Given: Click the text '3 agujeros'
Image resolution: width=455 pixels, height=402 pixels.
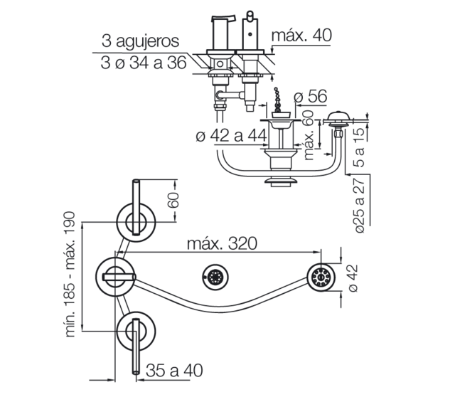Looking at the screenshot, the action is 140,41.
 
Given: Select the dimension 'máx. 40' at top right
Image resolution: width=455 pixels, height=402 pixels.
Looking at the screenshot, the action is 301,35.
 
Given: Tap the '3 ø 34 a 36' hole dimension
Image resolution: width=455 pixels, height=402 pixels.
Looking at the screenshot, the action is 144,63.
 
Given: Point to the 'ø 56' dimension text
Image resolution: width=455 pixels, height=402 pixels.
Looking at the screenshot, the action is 310,97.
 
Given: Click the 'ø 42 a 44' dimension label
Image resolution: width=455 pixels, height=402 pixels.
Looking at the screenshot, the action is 231,135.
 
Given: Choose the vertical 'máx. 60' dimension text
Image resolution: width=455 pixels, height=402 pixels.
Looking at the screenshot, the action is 309,134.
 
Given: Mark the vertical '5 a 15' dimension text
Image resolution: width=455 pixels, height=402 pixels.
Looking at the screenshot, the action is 359,147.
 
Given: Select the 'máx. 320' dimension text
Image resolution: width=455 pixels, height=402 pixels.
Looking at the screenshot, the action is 222,243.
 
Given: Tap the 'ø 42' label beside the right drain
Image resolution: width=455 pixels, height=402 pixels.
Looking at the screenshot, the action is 353,278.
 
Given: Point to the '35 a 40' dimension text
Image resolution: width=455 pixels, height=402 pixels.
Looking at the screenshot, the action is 174,371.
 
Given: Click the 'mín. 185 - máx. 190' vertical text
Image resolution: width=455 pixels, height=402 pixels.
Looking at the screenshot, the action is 70,274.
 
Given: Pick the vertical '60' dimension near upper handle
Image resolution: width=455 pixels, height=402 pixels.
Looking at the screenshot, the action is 173,199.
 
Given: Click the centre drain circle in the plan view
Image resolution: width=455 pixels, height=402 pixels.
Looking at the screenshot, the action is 215,277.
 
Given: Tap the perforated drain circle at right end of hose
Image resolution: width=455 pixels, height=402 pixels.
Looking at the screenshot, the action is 321,277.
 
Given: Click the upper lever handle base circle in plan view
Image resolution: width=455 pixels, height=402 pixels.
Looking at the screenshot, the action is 136,223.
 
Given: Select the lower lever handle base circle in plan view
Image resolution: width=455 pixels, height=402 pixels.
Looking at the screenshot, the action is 136,332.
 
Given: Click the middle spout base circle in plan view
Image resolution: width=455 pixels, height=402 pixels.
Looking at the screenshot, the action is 115,277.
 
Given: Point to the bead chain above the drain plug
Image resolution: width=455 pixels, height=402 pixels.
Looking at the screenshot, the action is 278,100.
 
